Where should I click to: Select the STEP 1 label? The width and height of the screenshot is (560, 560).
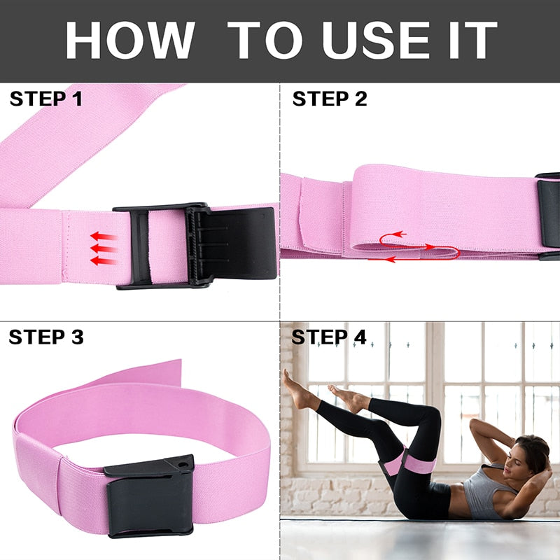(45, 99)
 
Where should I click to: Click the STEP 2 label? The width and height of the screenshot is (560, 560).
(329, 99)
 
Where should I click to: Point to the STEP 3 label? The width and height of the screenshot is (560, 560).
(45, 337)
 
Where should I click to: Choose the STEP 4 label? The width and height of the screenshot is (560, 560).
(328, 337)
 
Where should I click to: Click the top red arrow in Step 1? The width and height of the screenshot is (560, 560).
(104, 237)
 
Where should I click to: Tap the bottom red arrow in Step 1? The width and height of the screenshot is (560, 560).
(104, 260)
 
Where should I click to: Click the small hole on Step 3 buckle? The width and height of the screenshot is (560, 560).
(184, 463)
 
